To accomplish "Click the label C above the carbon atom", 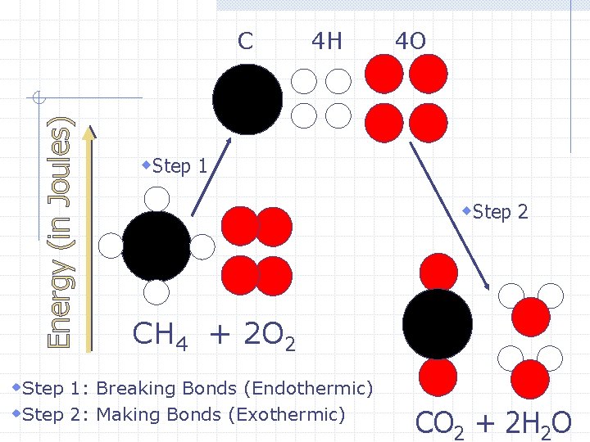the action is (245, 40).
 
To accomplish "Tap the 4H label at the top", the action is (327, 40).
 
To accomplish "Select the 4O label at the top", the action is (410, 40).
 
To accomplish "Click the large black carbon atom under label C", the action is (247, 99).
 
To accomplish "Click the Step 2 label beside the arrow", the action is (499, 212).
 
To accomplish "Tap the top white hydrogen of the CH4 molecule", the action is (157, 199).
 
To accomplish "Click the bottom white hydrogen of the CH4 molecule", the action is (157, 292).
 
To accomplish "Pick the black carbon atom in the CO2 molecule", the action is (438, 323).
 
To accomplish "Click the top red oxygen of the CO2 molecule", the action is (438, 271).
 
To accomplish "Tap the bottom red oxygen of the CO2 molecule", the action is (438, 376).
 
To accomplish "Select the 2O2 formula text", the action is (264, 335).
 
